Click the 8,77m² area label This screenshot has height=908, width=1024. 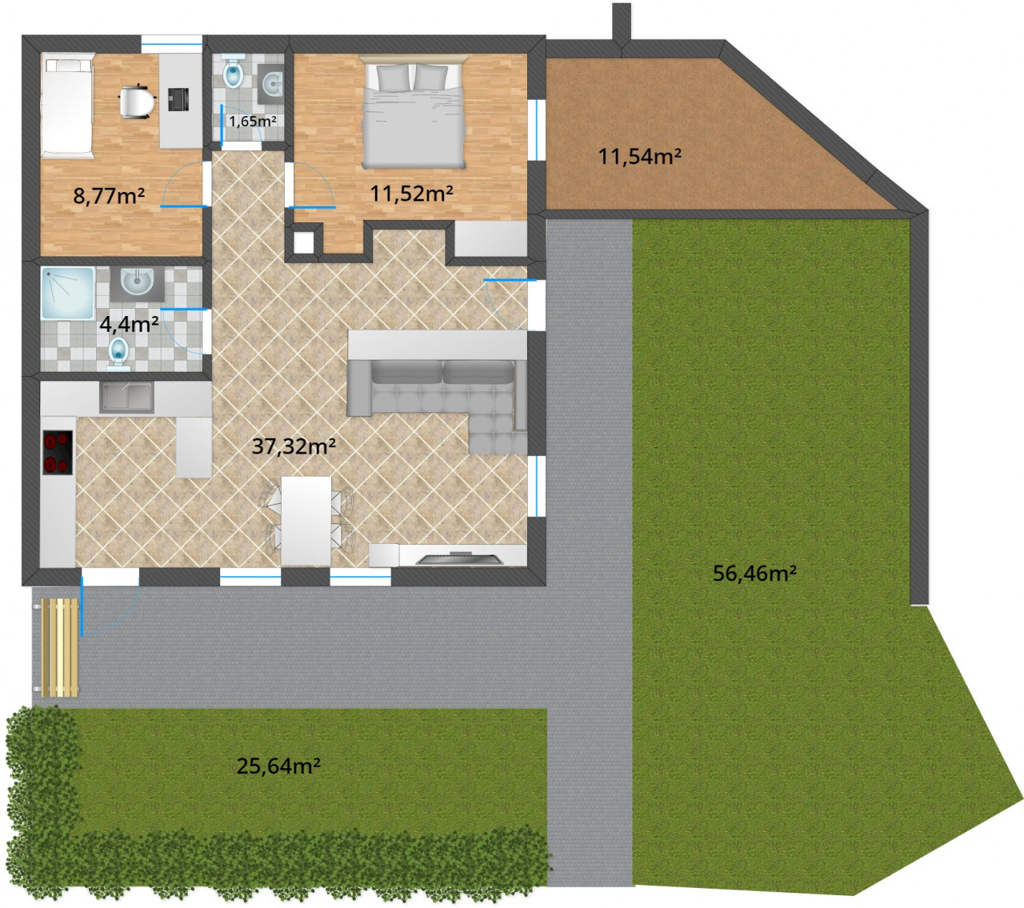pos(109,195)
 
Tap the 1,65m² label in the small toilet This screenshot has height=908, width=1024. pos(253,122)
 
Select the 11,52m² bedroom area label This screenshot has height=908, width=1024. pos(411,193)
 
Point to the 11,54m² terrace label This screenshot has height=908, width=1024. pos(640,156)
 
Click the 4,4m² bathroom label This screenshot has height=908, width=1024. pos(130,324)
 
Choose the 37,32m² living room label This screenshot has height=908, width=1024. pos(294,446)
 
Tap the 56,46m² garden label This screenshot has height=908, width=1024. pos(754,574)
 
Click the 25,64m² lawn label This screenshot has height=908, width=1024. pos(278,766)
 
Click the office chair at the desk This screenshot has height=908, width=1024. pos(137,102)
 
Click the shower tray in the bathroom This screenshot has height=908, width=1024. pos(68,294)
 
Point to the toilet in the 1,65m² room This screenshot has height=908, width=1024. pos(233,74)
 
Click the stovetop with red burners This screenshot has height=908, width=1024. pos(57,453)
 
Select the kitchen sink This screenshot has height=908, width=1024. pos(126,398)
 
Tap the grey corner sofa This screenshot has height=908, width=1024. pos(438,399)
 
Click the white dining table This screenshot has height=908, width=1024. pos(306,521)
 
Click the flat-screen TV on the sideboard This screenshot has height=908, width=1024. pos(459,558)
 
